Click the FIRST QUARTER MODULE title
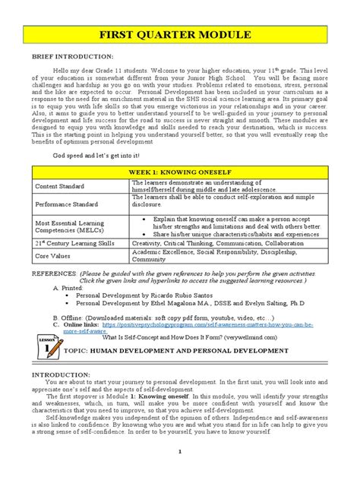pos(179,36)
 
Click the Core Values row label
pos(54,256)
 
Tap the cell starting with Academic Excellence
pos(216,256)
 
